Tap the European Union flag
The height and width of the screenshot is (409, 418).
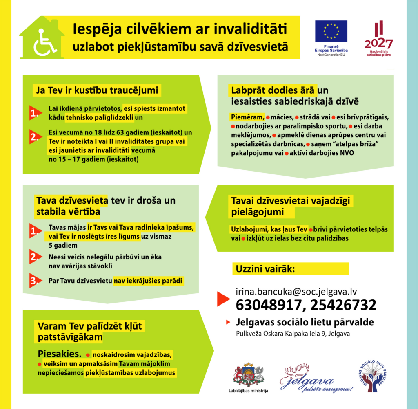331,31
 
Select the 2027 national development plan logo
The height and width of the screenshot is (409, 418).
378,39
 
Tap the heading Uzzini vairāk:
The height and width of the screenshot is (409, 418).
265,269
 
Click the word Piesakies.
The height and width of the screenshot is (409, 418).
60,352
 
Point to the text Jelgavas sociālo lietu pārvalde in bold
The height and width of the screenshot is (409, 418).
305,323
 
